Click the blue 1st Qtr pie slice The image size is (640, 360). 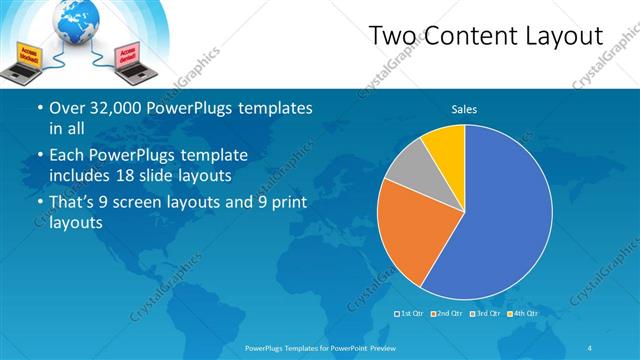[500, 220]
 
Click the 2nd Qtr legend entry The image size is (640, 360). [447, 314]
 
